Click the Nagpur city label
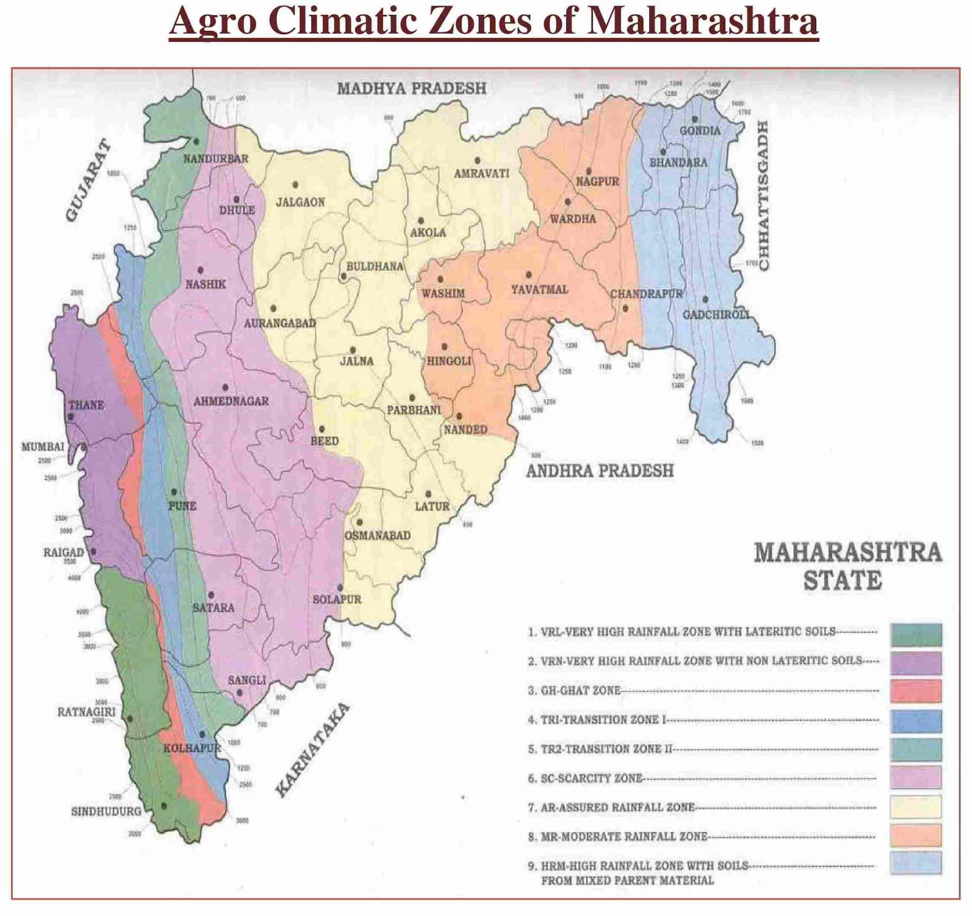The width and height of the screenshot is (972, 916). pyautogui.click(x=597, y=182)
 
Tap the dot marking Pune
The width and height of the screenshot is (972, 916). pyautogui.click(x=174, y=492)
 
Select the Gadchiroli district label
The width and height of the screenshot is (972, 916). pyautogui.click(x=716, y=315)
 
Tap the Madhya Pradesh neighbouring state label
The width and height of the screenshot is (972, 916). pyautogui.click(x=411, y=89)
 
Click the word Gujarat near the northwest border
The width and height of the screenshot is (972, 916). pyautogui.click(x=88, y=180)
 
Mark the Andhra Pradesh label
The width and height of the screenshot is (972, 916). pyautogui.click(x=599, y=471)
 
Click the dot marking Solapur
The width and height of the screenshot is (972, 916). pyautogui.click(x=340, y=588)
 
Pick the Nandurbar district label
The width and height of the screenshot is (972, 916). pyautogui.click(x=215, y=159)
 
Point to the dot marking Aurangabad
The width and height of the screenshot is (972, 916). pyautogui.click(x=273, y=308)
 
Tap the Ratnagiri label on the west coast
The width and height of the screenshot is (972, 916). pyautogui.click(x=86, y=712)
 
